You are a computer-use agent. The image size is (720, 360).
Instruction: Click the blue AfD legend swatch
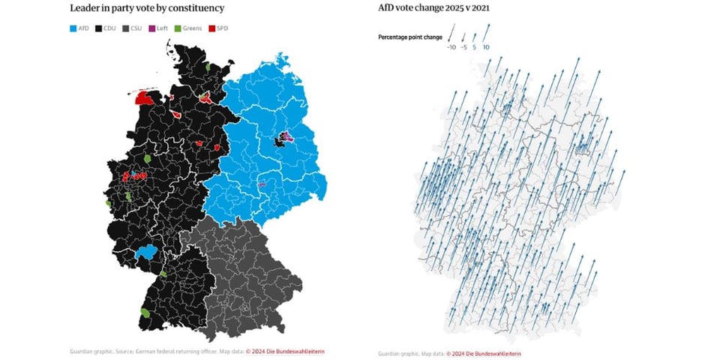[x=73, y=28]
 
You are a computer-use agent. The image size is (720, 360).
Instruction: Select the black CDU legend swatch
[x=100, y=28]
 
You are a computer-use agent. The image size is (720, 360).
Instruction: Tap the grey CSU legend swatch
[x=127, y=28]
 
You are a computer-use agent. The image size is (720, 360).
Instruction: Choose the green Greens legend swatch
[x=178, y=28]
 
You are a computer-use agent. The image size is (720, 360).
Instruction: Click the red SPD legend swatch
[x=211, y=28]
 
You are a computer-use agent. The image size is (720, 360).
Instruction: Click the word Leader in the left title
[x=86, y=8]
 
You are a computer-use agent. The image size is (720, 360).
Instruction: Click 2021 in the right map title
[x=487, y=8]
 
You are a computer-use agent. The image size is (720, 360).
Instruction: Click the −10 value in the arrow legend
[x=451, y=47]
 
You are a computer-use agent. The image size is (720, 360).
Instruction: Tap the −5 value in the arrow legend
[x=463, y=47]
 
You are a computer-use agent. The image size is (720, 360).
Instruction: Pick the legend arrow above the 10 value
[x=487, y=32]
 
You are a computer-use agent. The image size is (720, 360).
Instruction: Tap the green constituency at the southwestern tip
[x=145, y=312]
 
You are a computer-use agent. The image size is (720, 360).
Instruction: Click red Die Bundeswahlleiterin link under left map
[x=291, y=351]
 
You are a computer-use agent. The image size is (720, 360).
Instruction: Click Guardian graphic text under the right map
[x=397, y=353]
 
